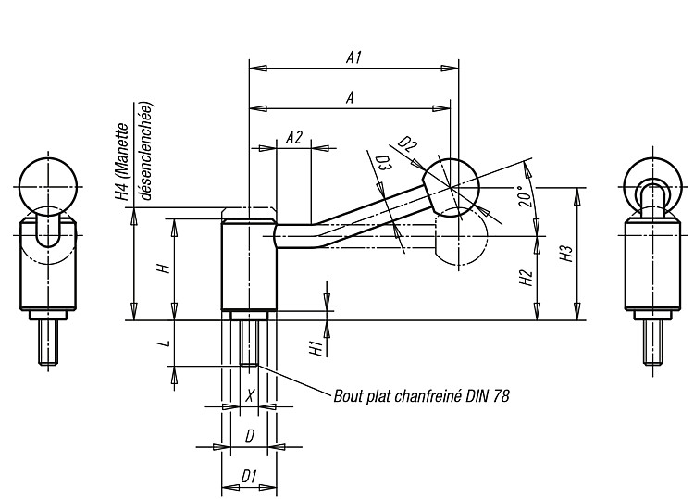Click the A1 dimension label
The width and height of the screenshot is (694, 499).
point(354,57)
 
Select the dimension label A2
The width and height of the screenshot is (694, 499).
point(294,138)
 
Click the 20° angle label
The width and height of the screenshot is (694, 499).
point(526,196)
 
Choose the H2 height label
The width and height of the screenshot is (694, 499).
point(526,278)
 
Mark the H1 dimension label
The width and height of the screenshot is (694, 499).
point(316,348)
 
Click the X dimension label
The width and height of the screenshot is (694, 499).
point(250,395)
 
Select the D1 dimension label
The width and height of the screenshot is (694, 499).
point(249,477)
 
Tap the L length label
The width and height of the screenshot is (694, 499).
point(165,343)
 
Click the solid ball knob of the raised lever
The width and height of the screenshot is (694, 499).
point(451,188)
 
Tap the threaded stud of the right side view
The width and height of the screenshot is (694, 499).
point(653,343)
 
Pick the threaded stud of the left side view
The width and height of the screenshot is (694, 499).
point(48,343)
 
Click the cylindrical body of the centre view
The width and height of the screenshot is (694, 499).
point(249,265)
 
